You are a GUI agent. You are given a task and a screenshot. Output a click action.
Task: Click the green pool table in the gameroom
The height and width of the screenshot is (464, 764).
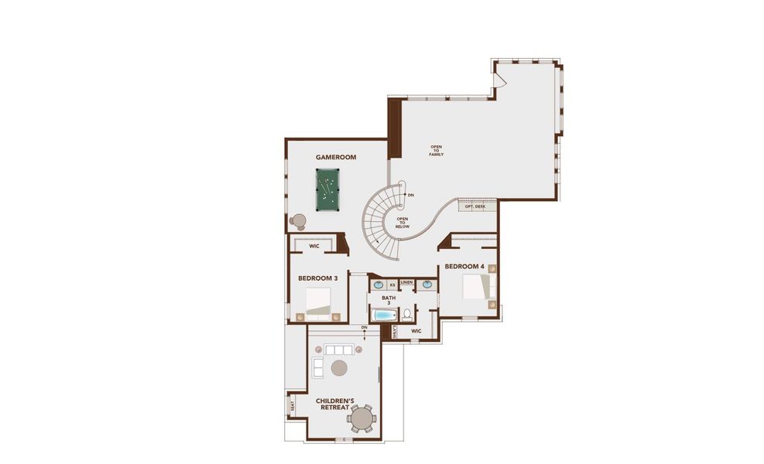click(327, 189)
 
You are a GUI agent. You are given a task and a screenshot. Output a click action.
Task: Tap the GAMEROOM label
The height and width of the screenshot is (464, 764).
click(335, 158)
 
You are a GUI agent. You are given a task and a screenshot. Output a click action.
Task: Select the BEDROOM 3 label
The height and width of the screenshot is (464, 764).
click(318, 278)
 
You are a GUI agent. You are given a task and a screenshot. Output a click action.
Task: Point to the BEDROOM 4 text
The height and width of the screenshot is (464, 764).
click(464, 267)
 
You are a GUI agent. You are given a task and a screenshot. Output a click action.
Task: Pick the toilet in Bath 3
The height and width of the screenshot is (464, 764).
click(406, 315)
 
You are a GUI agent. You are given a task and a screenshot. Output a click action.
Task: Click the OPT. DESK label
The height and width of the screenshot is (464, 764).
click(475, 206)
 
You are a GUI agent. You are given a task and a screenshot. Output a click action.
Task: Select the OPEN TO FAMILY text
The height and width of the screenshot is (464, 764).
click(437, 151)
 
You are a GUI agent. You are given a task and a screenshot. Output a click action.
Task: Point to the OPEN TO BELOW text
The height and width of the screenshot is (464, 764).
click(403, 222)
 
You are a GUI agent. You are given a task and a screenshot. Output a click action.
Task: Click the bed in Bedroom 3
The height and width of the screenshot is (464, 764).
click(318, 302)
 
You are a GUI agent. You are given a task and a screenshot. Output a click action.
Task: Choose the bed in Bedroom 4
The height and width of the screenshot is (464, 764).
click(475, 286)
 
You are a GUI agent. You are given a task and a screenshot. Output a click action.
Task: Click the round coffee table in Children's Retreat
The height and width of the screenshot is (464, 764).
click(339, 367)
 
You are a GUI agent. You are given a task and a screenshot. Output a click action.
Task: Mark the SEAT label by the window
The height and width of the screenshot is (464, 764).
click(293, 404)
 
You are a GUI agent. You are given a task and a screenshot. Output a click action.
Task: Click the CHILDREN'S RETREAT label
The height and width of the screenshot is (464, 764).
click(335, 404)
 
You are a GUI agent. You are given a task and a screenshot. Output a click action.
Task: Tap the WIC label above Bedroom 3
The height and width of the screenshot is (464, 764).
click(314, 247)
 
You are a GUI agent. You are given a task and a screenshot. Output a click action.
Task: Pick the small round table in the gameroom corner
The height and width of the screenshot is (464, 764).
click(298, 220)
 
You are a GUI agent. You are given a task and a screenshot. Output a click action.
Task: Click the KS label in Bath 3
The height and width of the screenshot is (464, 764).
click(392, 285)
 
